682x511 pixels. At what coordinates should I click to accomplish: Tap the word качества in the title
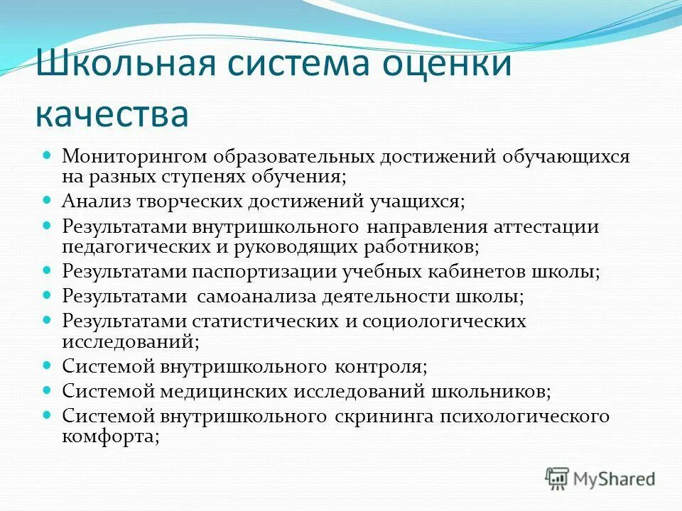(x=112, y=113)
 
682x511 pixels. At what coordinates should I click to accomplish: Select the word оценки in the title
(x=448, y=65)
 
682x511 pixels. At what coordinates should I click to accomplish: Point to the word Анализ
(x=93, y=201)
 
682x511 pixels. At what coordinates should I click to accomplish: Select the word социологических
(x=445, y=321)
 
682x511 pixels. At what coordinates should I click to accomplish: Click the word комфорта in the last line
(x=109, y=436)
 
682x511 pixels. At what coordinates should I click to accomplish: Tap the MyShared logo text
(x=613, y=478)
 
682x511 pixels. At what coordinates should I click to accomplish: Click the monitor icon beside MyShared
(x=558, y=478)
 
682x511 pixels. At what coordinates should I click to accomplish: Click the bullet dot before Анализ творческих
(x=48, y=201)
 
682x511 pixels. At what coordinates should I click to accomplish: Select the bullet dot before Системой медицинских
(x=48, y=390)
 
